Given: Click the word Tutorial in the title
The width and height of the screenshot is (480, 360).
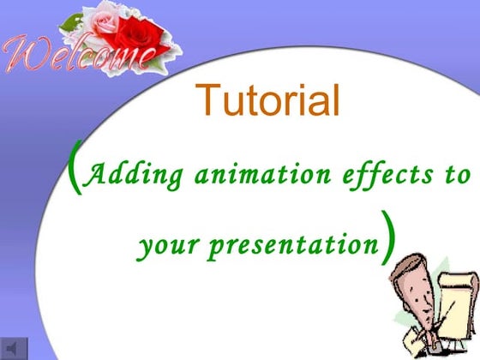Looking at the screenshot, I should point(268,101).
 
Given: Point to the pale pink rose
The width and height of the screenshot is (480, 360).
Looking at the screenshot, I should point(100,22).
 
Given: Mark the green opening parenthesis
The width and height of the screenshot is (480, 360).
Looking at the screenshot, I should point(76,171).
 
